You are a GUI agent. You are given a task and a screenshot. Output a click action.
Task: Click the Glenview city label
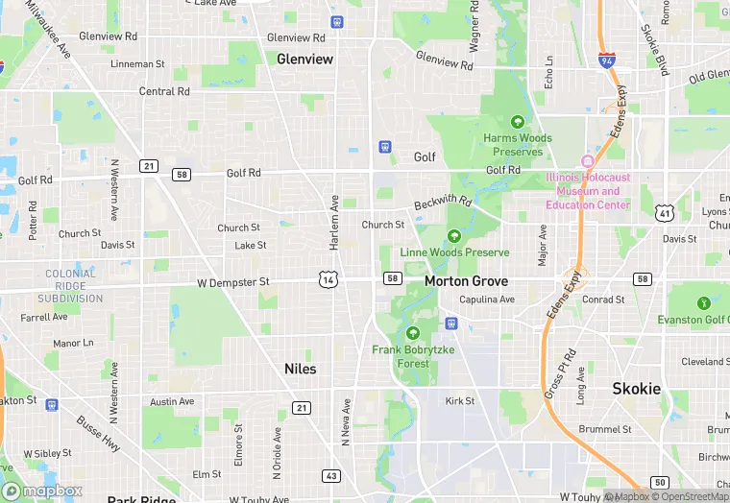tap(304, 60)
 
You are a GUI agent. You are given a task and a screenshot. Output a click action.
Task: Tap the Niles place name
tap(300, 369)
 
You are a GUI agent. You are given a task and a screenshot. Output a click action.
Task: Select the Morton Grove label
tap(466, 281)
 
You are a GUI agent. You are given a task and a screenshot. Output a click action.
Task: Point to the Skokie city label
tap(637, 389)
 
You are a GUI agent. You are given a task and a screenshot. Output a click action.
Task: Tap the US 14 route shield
tap(328, 279)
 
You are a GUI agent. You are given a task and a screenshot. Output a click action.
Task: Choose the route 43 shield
tap(330, 476)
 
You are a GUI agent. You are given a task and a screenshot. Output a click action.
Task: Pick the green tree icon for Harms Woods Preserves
tap(518, 122)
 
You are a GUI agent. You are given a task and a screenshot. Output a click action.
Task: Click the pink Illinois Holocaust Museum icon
tap(588, 160)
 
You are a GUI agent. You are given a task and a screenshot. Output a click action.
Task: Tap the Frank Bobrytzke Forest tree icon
tap(413, 333)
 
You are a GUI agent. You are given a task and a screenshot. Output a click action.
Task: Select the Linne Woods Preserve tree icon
tap(453, 236)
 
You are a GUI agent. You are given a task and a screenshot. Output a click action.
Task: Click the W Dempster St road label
tap(233, 282)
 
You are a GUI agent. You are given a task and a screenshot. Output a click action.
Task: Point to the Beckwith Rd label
tap(443, 204)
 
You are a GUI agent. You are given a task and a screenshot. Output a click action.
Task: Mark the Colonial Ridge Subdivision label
tap(70, 286)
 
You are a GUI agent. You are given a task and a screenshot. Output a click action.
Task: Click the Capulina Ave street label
tap(487, 299)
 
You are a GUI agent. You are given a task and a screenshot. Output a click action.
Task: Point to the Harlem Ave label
tap(334, 223)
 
